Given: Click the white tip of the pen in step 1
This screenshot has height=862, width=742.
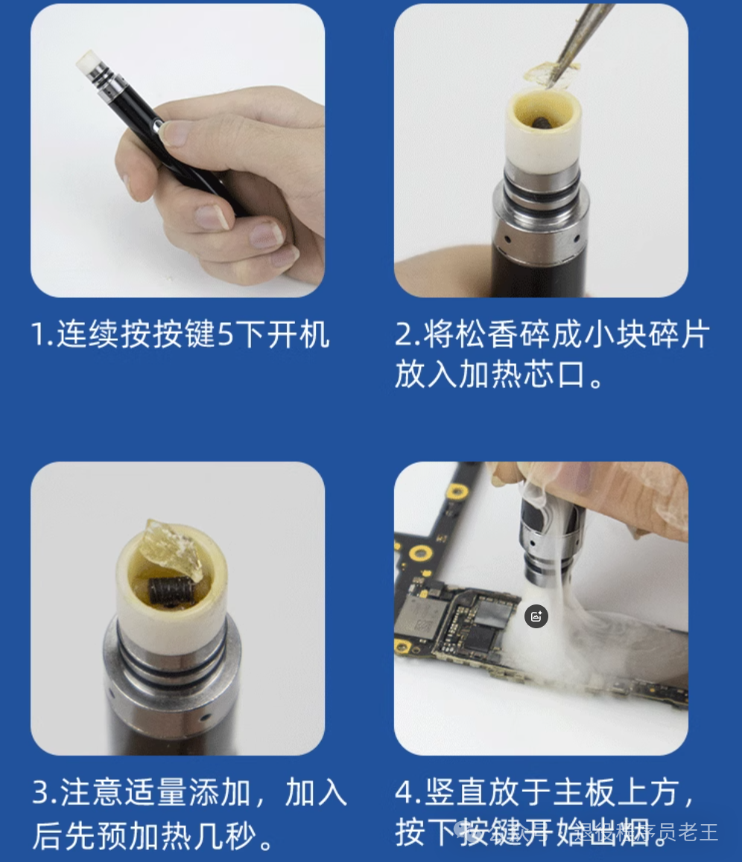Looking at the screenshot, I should coord(88,61).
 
